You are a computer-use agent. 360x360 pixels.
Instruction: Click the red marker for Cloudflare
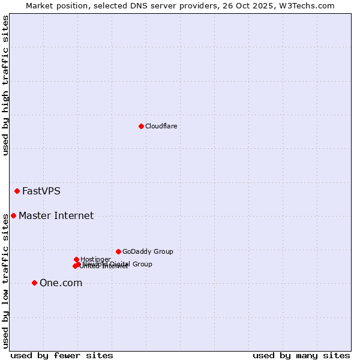coord(141,126)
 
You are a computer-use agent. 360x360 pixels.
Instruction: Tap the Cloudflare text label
coord(161,126)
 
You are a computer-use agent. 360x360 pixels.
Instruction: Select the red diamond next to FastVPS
coord(17,191)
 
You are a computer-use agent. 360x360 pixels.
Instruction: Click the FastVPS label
coord(41,191)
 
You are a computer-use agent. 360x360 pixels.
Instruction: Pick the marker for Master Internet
coord(13,215)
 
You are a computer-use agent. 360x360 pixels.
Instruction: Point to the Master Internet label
coord(56,216)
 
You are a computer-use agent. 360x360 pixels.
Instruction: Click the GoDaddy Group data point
coord(118,251)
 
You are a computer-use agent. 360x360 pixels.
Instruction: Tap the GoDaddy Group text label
coord(148,251)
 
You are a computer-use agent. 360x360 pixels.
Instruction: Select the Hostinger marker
coord(76,259)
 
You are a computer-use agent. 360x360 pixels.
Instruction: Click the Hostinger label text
coord(95,259)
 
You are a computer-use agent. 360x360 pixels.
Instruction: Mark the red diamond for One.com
coord(34,283)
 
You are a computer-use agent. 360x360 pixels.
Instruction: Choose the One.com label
coord(61,283)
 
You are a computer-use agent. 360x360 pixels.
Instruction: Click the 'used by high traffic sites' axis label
coord(5,85)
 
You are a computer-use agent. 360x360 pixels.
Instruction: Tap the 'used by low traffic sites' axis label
coord(5,281)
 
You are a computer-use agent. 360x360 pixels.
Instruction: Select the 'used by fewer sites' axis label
coord(62,355)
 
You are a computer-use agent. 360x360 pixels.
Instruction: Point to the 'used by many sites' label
coord(301,355)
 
